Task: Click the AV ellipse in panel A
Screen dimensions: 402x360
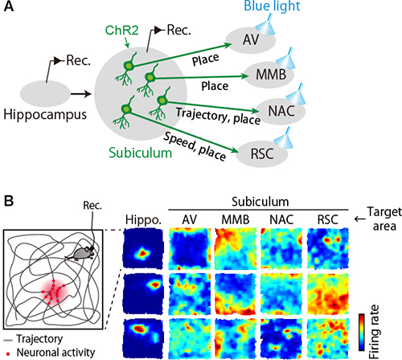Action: pos(251,40)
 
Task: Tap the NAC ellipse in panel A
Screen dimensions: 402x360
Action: pos(280,111)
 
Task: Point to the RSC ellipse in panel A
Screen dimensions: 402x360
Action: pos(262,154)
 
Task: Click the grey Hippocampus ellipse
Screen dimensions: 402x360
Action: pos(45,94)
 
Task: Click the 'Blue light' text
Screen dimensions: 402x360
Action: pos(272,6)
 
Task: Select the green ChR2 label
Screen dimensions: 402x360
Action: pos(122,31)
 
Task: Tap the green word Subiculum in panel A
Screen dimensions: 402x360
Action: pos(140,153)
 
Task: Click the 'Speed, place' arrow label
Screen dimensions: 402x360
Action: pos(195,146)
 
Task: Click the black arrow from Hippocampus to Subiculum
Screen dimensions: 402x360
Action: pos(81,94)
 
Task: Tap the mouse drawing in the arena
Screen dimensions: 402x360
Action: pos(80,253)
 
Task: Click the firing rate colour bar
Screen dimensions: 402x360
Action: pos(362,332)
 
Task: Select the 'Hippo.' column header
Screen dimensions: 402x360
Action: pos(143,220)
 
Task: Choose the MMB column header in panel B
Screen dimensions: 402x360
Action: pos(236,220)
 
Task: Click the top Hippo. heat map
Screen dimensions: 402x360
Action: pos(143,248)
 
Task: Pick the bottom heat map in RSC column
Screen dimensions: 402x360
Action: pos(328,338)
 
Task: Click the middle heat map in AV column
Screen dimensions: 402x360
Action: pos(189,294)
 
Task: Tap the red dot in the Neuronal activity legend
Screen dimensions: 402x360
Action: pos(8,354)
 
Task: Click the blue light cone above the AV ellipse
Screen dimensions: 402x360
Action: pos(265,26)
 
